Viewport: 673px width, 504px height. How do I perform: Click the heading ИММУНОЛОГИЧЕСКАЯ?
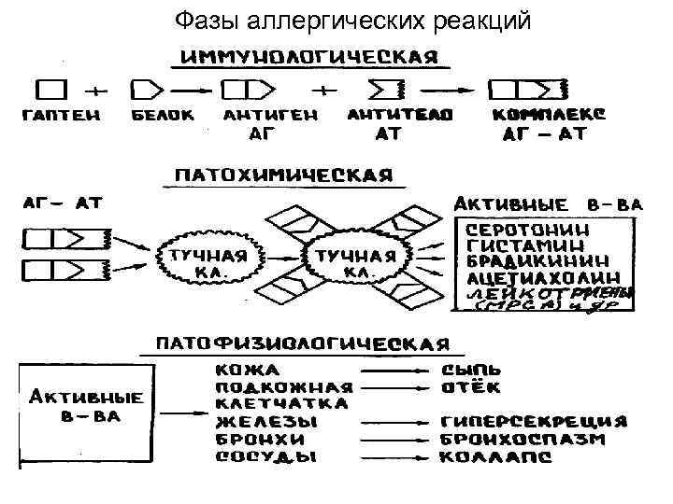tap(308, 55)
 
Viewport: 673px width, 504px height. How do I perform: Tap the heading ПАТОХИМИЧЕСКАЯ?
tap(278, 176)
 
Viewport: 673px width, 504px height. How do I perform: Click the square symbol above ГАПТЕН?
tap(51, 90)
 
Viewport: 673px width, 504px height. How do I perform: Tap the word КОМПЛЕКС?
tap(550, 115)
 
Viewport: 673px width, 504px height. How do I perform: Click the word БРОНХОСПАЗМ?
tap(537, 439)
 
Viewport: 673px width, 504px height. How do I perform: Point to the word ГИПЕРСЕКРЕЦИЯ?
tap(547, 421)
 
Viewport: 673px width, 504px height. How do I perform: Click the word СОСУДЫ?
tap(266, 457)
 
